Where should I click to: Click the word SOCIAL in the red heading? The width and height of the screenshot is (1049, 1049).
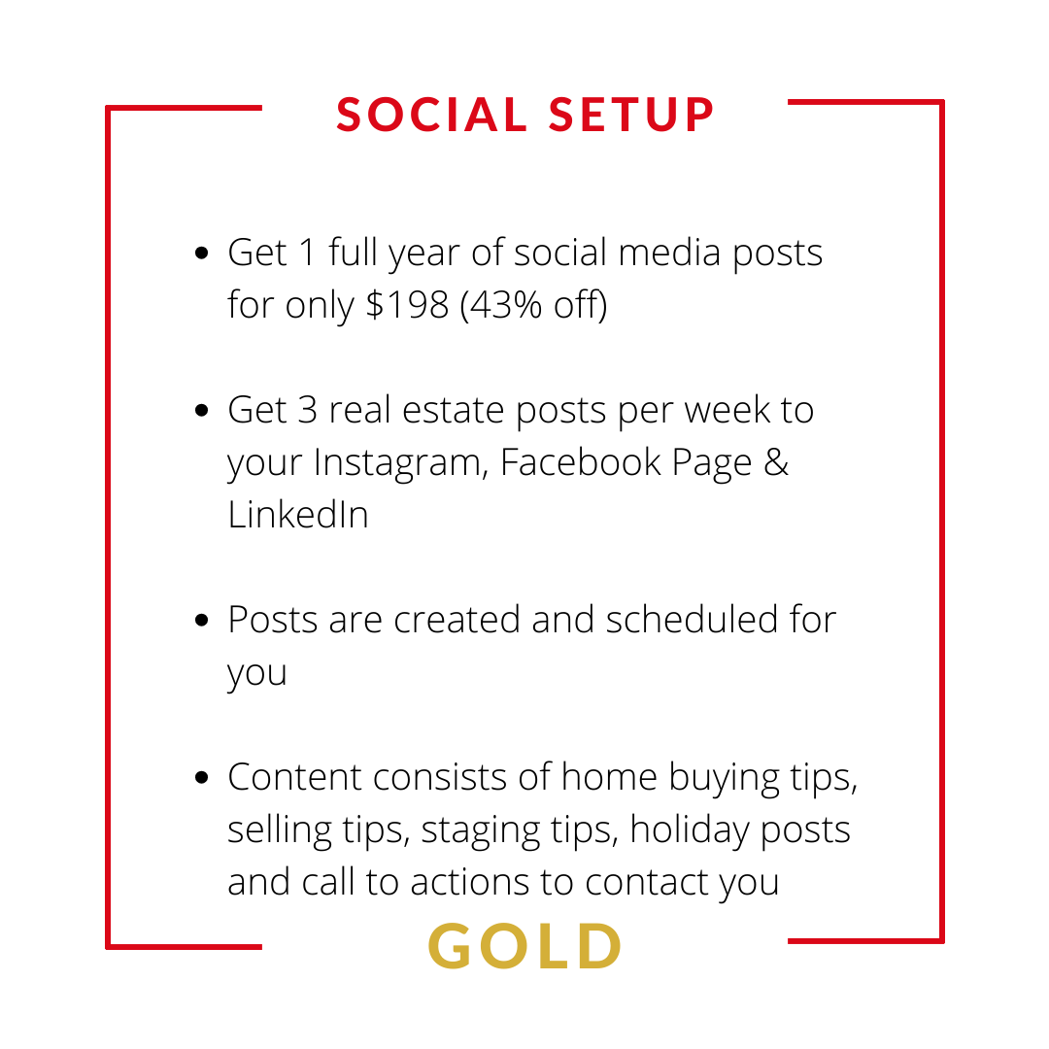[x=432, y=115]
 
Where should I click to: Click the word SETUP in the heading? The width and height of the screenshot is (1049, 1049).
[x=631, y=115]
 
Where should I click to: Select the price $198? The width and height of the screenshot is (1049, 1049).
[x=407, y=305]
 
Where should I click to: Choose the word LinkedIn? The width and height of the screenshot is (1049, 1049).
[x=298, y=515]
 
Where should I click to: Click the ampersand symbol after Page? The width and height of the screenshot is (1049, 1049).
[x=776, y=462]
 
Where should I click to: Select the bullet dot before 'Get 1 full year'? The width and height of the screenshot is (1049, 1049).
[x=201, y=253]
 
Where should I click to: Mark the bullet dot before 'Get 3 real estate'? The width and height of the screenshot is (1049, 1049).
[x=201, y=410]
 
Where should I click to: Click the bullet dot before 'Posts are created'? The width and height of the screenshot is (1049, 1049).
[x=201, y=620]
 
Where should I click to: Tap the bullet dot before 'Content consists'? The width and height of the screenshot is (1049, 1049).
[x=201, y=777]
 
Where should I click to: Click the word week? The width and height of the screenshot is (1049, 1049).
[x=728, y=410]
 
